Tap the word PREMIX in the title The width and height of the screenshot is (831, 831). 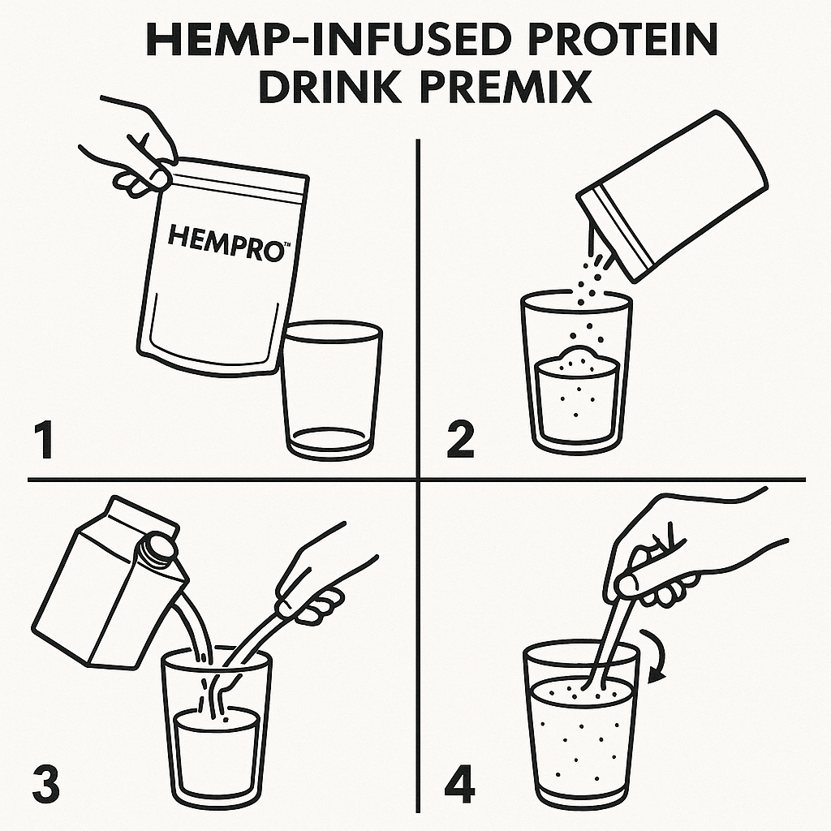coord(506,86)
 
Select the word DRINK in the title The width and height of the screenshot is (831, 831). coord(329,86)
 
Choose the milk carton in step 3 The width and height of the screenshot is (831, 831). coord(110,583)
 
